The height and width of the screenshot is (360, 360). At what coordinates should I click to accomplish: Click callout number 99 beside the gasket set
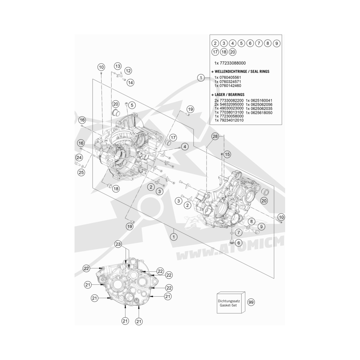pyautogui.click(x=251, y=302)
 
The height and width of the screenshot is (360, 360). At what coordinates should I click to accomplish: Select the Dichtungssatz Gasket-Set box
pyautogui.click(x=231, y=303)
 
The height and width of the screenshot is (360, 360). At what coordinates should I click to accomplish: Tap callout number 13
pyautogui.click(x=118, y=66)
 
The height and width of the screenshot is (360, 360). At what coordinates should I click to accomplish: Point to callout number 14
pyautogui.click(x=131, y=83)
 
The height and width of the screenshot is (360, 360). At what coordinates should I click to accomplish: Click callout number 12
pyautogui.click(x=128, y=71)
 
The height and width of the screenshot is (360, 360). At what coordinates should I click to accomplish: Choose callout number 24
pyautogui.click(x=79, y=158)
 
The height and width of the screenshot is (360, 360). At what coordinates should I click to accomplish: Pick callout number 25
pyautogui.click(x=81, y=172)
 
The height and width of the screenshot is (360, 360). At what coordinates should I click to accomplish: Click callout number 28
pyautogui.click(x=215, y=136)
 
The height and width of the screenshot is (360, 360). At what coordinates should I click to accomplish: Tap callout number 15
pyautogui.click(x=227, y=154)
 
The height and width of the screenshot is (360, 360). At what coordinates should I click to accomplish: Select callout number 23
pyautogui.click(x=118, y=244)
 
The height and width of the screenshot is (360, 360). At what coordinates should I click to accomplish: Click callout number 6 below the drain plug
pyautogui.click(x=239, y=243)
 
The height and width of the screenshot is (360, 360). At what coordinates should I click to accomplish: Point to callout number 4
pyautogui.click(x=185, y=147)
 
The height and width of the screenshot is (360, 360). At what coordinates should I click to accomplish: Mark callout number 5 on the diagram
pyautogui.click(x=132, y=105)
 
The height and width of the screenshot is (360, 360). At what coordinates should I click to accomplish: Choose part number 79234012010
pyautogui.click(x=231, y=120)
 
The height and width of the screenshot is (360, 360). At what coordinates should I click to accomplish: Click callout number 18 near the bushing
pyautogui.click(x=116, y=189)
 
